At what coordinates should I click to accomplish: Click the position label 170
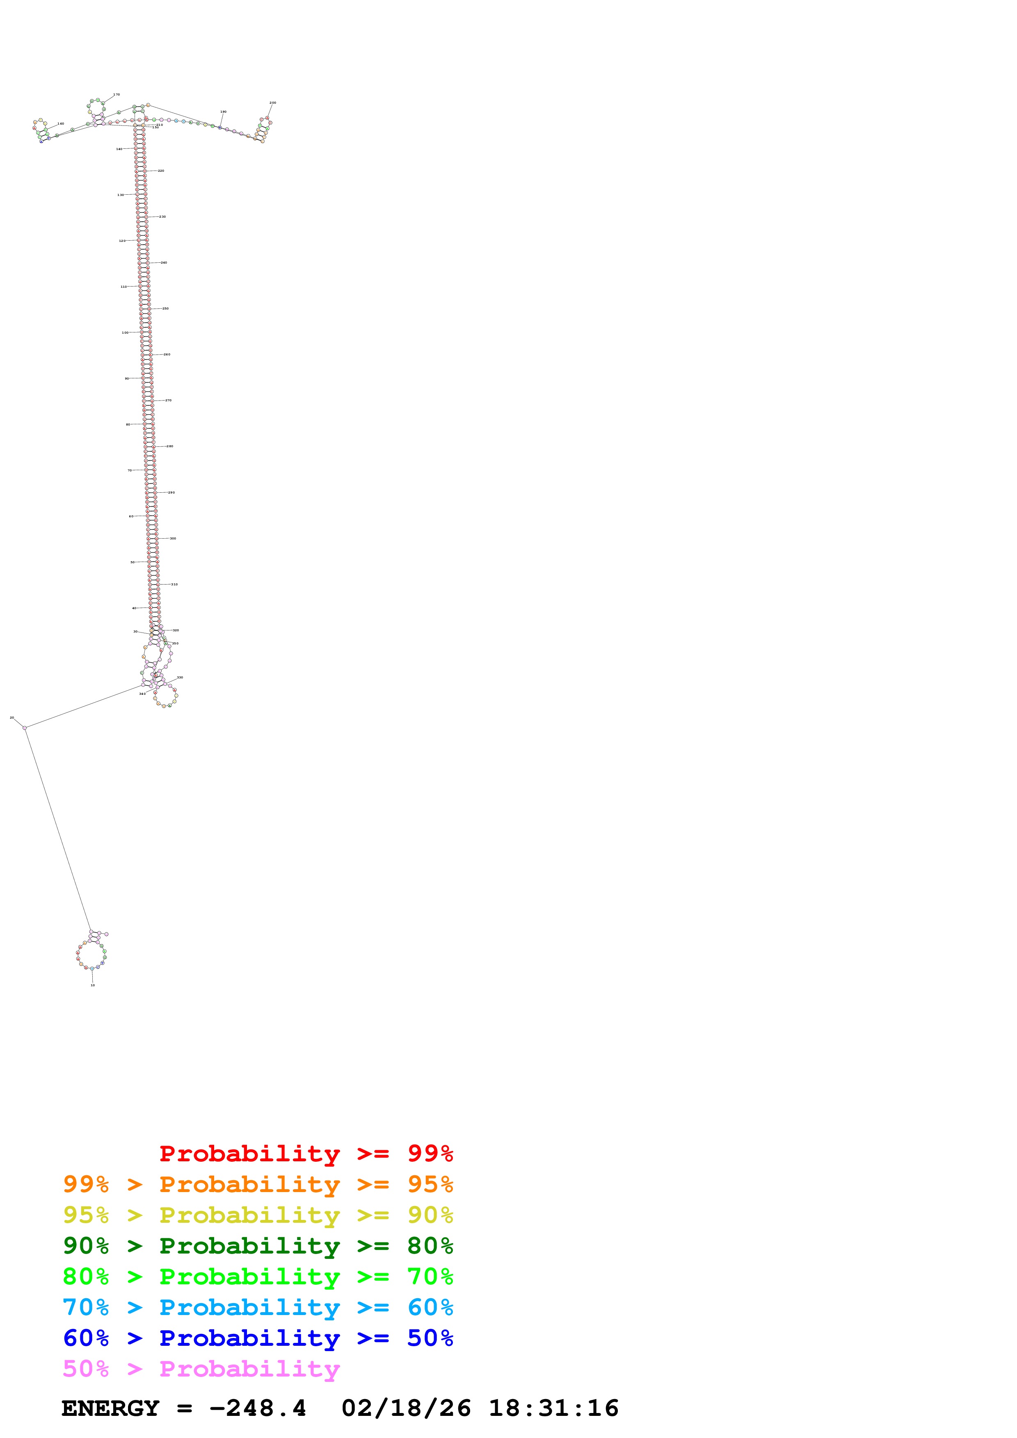coord(117,95)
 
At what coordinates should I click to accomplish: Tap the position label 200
coord(272,103)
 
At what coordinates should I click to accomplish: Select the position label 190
coord(223,112)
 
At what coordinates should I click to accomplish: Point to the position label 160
coord(61,124)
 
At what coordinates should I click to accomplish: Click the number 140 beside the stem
coord(119,149)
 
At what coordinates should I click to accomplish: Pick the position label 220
coord(161,171)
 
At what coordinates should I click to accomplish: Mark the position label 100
coord(125,332)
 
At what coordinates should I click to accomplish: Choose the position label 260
coord(167,355)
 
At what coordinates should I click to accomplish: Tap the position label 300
coord(173,539)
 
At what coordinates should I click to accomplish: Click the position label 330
coord(180,678)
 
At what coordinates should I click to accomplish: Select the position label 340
coord(142,694)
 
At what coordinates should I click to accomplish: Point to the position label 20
coord(12,718)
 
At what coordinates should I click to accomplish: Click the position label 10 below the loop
coord(93,985)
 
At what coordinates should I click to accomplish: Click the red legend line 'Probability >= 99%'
coord(306,1154)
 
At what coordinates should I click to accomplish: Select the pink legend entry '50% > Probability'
coord(201,1369)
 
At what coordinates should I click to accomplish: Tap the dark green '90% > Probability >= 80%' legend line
coord(258,1246)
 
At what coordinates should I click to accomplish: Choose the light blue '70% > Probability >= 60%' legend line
coord(258,1308)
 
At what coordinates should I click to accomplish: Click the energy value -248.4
coord(258,1408)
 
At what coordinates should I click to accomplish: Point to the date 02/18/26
coord(406,1408)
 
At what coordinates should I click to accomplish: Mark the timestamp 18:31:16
coord(553,1408)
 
